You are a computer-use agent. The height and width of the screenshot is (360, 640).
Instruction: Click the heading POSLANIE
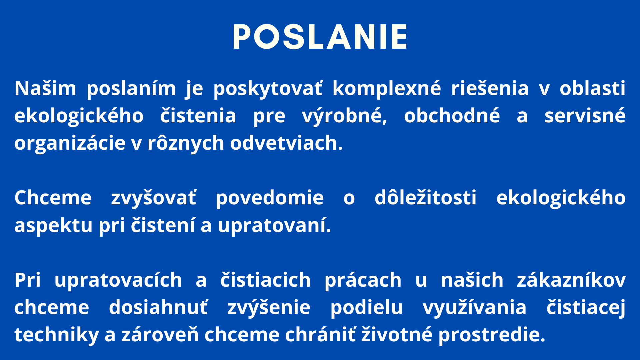pos(320,37)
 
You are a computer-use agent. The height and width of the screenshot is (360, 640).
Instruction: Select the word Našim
pos(45,88)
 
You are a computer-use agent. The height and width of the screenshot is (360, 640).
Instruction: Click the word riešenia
pos(490,88)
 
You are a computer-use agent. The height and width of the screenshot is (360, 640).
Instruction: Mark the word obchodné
pos(452,116)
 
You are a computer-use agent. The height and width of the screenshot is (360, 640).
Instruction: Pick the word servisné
pos(585,116)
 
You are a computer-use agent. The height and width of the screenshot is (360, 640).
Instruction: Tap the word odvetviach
pos(286,143)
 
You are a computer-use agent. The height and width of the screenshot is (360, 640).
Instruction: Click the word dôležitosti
pos(426,198)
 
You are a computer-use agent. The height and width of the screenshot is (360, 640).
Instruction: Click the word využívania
pos(475,308)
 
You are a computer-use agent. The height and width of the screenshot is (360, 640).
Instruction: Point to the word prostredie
pos(492,335)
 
